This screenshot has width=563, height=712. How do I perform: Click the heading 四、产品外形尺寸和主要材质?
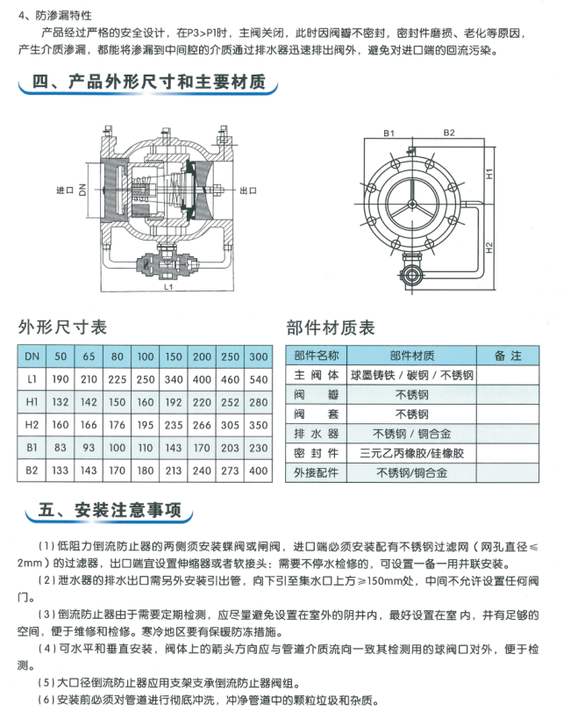(x=148, y=84)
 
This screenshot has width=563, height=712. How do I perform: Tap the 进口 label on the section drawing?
(x=64, y=190)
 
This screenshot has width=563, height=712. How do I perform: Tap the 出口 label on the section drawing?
(x=248, y=190)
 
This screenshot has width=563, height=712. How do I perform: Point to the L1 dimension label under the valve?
(x=167, y=286)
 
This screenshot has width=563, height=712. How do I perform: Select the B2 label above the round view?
(x=448, y=133)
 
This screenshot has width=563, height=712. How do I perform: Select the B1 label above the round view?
(x=388, y=133)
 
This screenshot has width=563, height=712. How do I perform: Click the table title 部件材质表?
(x=331, y=327)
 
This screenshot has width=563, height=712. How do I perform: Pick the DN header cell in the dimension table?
(x=32, y=356)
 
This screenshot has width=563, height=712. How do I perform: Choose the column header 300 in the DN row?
(x=258, y=356)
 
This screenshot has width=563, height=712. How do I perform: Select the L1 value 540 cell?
(x=258, y=379)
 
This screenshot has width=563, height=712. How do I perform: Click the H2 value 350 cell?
(x=258, y=425)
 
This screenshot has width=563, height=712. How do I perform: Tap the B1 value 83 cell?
(x=61, y=448)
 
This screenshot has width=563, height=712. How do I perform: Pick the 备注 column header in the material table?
(x=508, y=356)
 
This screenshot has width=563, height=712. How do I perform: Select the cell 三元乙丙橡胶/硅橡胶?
(x=411, y=453)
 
